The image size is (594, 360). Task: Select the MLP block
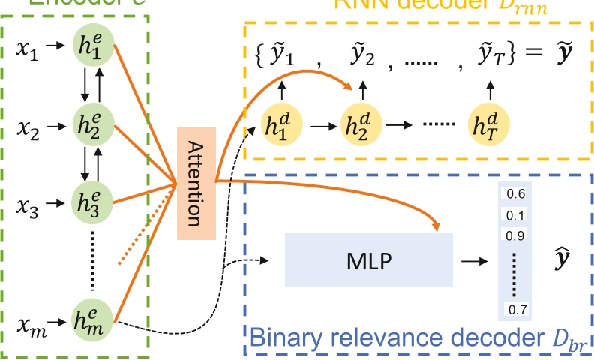[369, 259]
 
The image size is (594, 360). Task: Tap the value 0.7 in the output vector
[515, 308]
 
